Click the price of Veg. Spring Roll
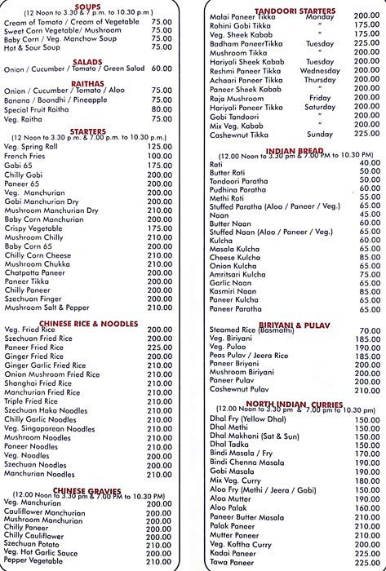(x=160, y=146)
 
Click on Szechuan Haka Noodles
(x=46, y=410)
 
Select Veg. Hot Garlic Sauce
(x=42, y=552)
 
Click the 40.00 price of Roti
(x=369, y=163)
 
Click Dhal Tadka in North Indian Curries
(x=232, y=445)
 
